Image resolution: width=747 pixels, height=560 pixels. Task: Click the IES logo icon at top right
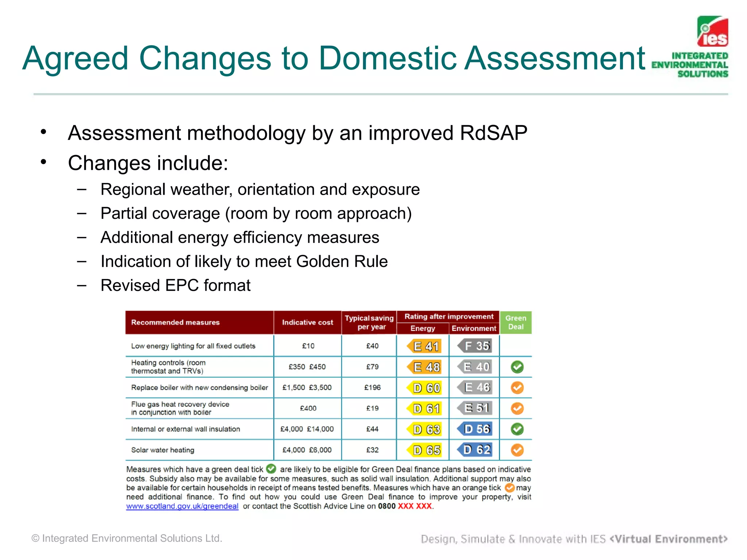(712, 32)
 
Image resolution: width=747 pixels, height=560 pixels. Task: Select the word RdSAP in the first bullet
(493, 133)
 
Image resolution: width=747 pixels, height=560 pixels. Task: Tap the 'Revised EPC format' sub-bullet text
(175, 285)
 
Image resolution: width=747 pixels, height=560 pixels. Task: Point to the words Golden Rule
(342, 261)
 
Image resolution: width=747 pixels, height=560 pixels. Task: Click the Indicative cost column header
(307, 322)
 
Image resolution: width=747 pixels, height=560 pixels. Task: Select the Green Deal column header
(515, 322)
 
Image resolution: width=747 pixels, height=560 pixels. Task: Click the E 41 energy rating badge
(425, 346)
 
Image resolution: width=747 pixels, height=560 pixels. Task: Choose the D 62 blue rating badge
(476, 450)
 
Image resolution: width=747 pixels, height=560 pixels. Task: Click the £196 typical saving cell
(372, 388)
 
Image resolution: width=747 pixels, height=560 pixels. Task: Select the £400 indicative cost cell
(308, 408)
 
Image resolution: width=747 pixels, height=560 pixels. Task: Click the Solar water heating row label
(163, 450)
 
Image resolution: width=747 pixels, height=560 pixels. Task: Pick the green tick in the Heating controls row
(517, 367)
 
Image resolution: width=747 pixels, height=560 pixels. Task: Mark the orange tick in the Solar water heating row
(517, 450)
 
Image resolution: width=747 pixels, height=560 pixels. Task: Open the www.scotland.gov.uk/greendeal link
(182, 506)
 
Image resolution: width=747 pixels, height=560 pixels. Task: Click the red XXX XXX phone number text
(415, 506)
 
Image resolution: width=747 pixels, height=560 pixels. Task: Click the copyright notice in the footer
(127, 538)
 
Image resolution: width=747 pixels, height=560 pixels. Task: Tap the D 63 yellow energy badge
(425, 429)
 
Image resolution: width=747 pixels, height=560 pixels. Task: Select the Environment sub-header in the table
(473, 328)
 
